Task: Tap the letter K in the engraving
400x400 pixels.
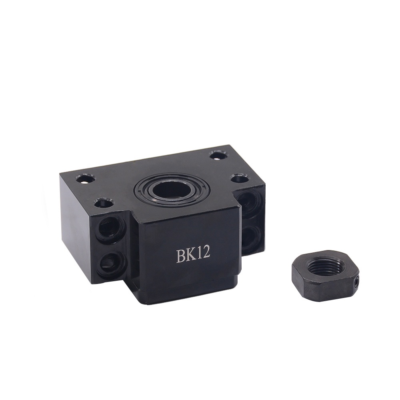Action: (x=193, y=255)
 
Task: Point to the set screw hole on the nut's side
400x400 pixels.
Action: (x=357, y=281)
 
